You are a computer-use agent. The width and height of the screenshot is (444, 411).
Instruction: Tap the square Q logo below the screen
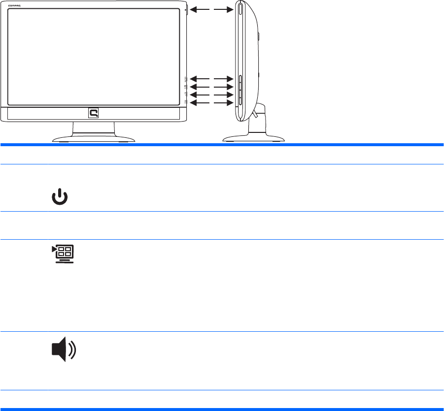tap(94, 114)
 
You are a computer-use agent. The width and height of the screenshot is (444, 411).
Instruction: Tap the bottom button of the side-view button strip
tap(240, 101)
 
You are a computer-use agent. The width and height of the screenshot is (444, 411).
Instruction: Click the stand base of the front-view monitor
tap(94, 139)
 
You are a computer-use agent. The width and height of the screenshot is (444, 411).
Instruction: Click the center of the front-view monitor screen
tap(94, 56)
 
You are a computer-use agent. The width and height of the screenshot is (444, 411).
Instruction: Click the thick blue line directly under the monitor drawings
tap(222, 145)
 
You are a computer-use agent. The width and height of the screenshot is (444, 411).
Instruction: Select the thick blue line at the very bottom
tap(222, 409)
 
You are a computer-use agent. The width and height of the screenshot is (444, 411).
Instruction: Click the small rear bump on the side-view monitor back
tap(259, 36)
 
